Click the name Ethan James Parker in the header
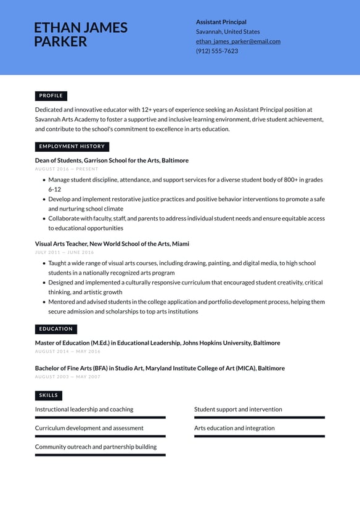(x=81, y=35)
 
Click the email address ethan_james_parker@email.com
(x=238, y=41)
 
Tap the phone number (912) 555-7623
(x=216, y=51)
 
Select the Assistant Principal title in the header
(x=221, y=22)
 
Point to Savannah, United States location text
(x=227, y=31)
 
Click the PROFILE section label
(x=51, y=96)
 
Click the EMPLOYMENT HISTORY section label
(x=72, y=147)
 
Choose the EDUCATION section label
(x=56, y=329)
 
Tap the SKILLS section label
(x=49, y=395)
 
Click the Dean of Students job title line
(x=112, y=160)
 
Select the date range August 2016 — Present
(x=67, y=169)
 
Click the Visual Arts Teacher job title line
(x=112, y=244)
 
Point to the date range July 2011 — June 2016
(x=65, y=252)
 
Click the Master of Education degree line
(x=157, y=343)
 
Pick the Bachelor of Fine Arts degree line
(x=160, y=368)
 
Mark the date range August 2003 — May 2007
(x=68, y=376)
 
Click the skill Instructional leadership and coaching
(x=84, y=409)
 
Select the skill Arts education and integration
(x=234, y=428)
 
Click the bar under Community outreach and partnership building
(x=100, y=455)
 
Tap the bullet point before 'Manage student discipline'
(x=44, y=180)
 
